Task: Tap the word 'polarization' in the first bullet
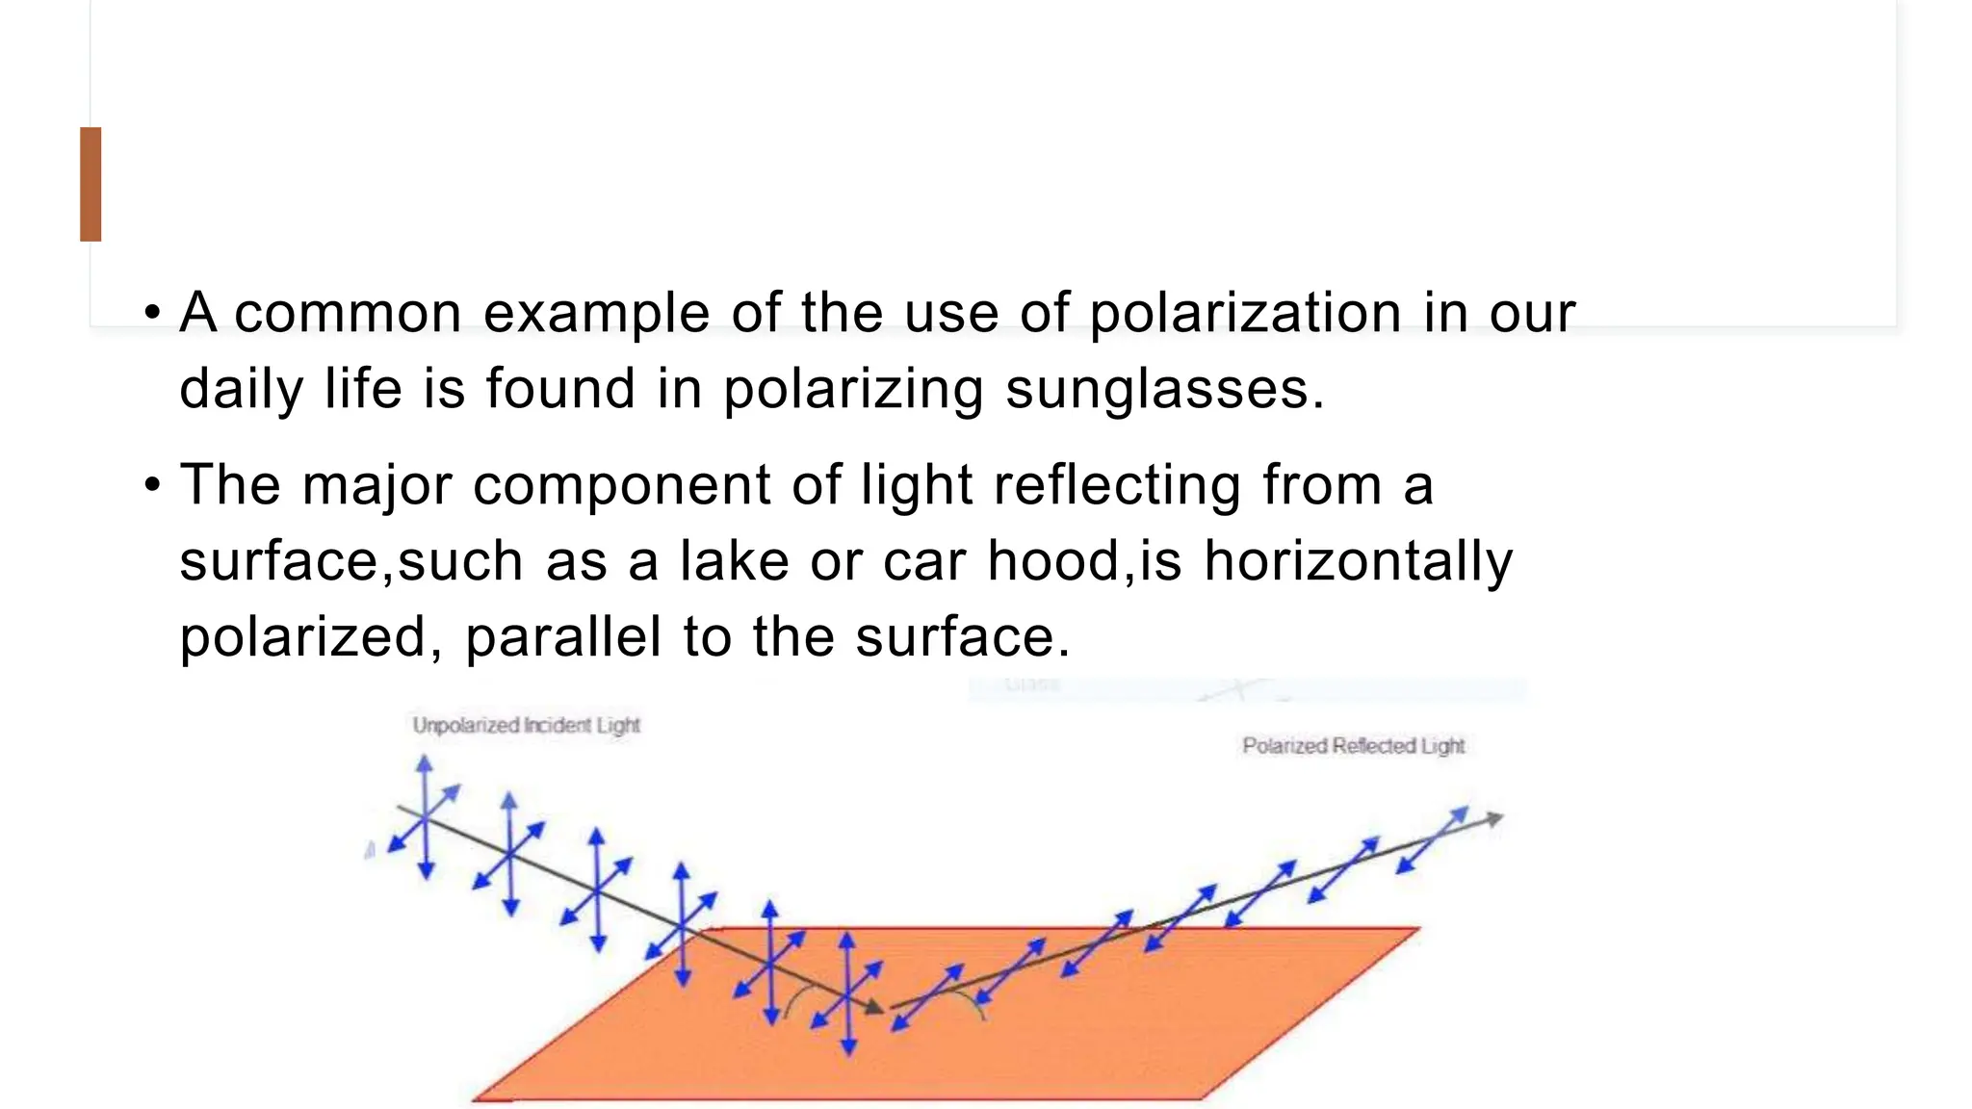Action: [x=1245, y=313]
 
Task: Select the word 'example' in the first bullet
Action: [x=596, y=313]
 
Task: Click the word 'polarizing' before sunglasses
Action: [x=853, y=389]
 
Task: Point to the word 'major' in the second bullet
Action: [x=376, y=484]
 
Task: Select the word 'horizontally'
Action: [x=1358, y=560]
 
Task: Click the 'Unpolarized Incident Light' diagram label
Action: [x=526, y=725]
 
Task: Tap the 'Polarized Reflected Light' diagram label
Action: [x=1353, y=746]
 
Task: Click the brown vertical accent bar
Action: [x=91, y=184]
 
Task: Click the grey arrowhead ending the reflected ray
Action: [x=1493, y=819]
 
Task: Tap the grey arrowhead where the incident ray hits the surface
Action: [x=874, y=1007]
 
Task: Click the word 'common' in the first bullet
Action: [x=348, y=313]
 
